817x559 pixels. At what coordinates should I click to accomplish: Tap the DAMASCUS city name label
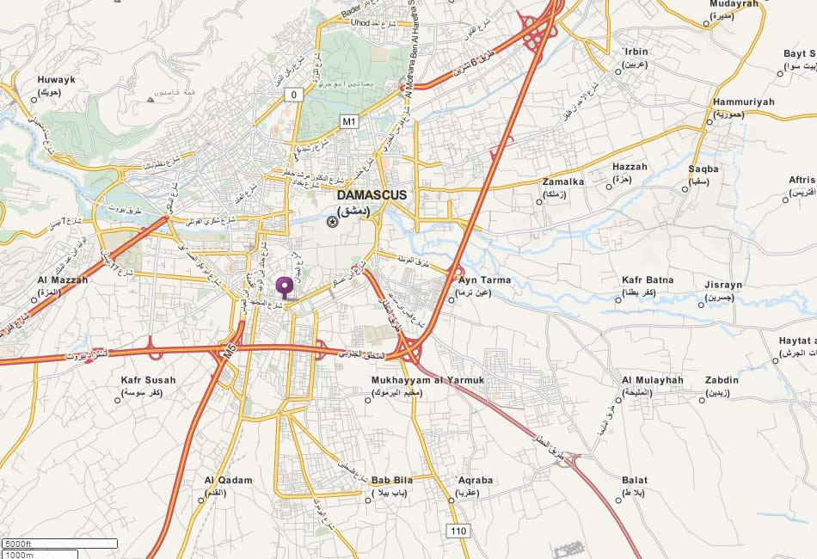[x=372, y=195]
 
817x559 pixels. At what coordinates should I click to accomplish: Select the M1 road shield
[x=348, y=121]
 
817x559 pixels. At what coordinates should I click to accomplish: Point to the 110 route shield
[x=458, y=531]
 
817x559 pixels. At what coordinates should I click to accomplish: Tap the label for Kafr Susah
[x=148, y=380]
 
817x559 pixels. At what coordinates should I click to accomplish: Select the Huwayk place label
[x=57, y=80]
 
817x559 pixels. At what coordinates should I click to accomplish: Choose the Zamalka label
[x=563, y=181]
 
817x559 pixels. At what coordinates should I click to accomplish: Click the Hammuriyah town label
[x=743, y=101]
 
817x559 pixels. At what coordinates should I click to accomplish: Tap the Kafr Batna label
[x=648, y=280]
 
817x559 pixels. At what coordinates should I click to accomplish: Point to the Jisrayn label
[x=723, y=285]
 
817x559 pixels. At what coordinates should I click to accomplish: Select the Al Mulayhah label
[x=652, y=380]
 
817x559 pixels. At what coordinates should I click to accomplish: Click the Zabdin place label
[x=722, y=380]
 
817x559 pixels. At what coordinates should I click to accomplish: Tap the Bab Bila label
[x=393, y=480]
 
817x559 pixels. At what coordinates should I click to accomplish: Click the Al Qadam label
[x=229, y=480]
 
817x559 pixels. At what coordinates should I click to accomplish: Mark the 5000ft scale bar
[x=59, y=544]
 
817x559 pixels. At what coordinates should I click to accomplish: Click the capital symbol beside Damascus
[x=332, y=222]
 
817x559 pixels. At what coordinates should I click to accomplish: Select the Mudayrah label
[x=734, y=3]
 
